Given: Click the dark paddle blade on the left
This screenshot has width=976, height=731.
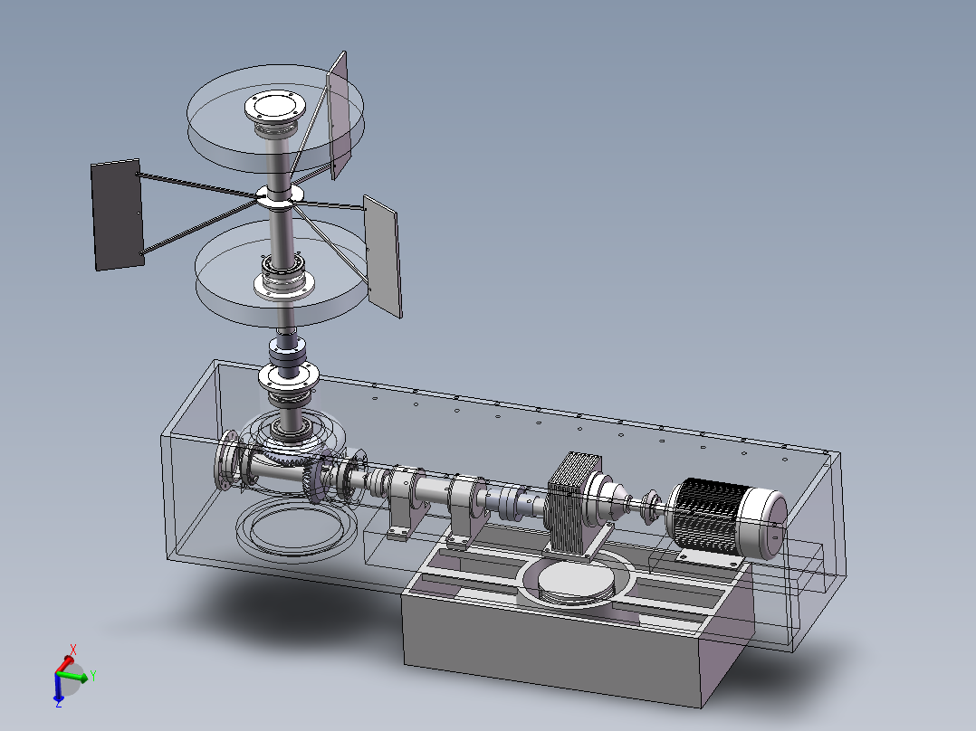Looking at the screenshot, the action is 117,214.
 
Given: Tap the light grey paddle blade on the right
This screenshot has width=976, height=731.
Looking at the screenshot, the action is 382,256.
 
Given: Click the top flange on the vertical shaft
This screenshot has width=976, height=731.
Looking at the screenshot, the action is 275,107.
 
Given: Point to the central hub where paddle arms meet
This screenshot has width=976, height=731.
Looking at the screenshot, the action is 280,195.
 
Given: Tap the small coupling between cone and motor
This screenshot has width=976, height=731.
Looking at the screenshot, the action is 650,500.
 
